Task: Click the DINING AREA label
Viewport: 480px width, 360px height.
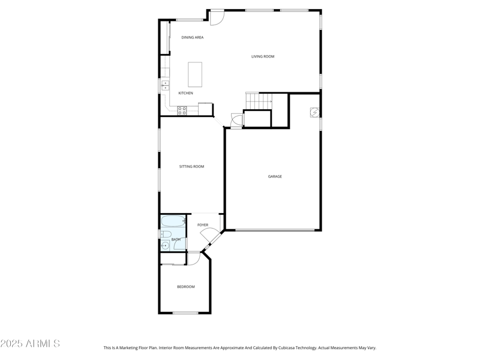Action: pos(193,37)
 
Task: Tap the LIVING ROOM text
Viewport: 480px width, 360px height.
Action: pos(263,56)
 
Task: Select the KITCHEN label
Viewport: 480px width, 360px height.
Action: pos(185,93)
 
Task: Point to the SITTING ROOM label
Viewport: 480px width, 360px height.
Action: pos(191,166)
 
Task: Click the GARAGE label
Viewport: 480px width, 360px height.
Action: pos(275,176)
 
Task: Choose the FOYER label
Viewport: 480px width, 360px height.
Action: pos(203,225)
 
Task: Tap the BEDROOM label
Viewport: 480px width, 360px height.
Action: pos(185,287)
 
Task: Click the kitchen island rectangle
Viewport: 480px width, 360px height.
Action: pos(195,74)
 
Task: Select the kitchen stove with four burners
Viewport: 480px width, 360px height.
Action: pos(182,110)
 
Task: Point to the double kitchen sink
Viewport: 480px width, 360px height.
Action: pos(165,86)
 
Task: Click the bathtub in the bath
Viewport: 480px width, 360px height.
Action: pos(173,221)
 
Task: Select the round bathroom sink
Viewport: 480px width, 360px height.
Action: pos(164,245)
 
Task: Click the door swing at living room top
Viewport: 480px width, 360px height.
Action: pos(217,17)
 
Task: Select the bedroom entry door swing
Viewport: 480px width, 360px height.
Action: pos(193,258)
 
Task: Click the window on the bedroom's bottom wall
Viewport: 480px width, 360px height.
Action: pos(185,313)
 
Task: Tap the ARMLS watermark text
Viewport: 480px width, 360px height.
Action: pos(30,344)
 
